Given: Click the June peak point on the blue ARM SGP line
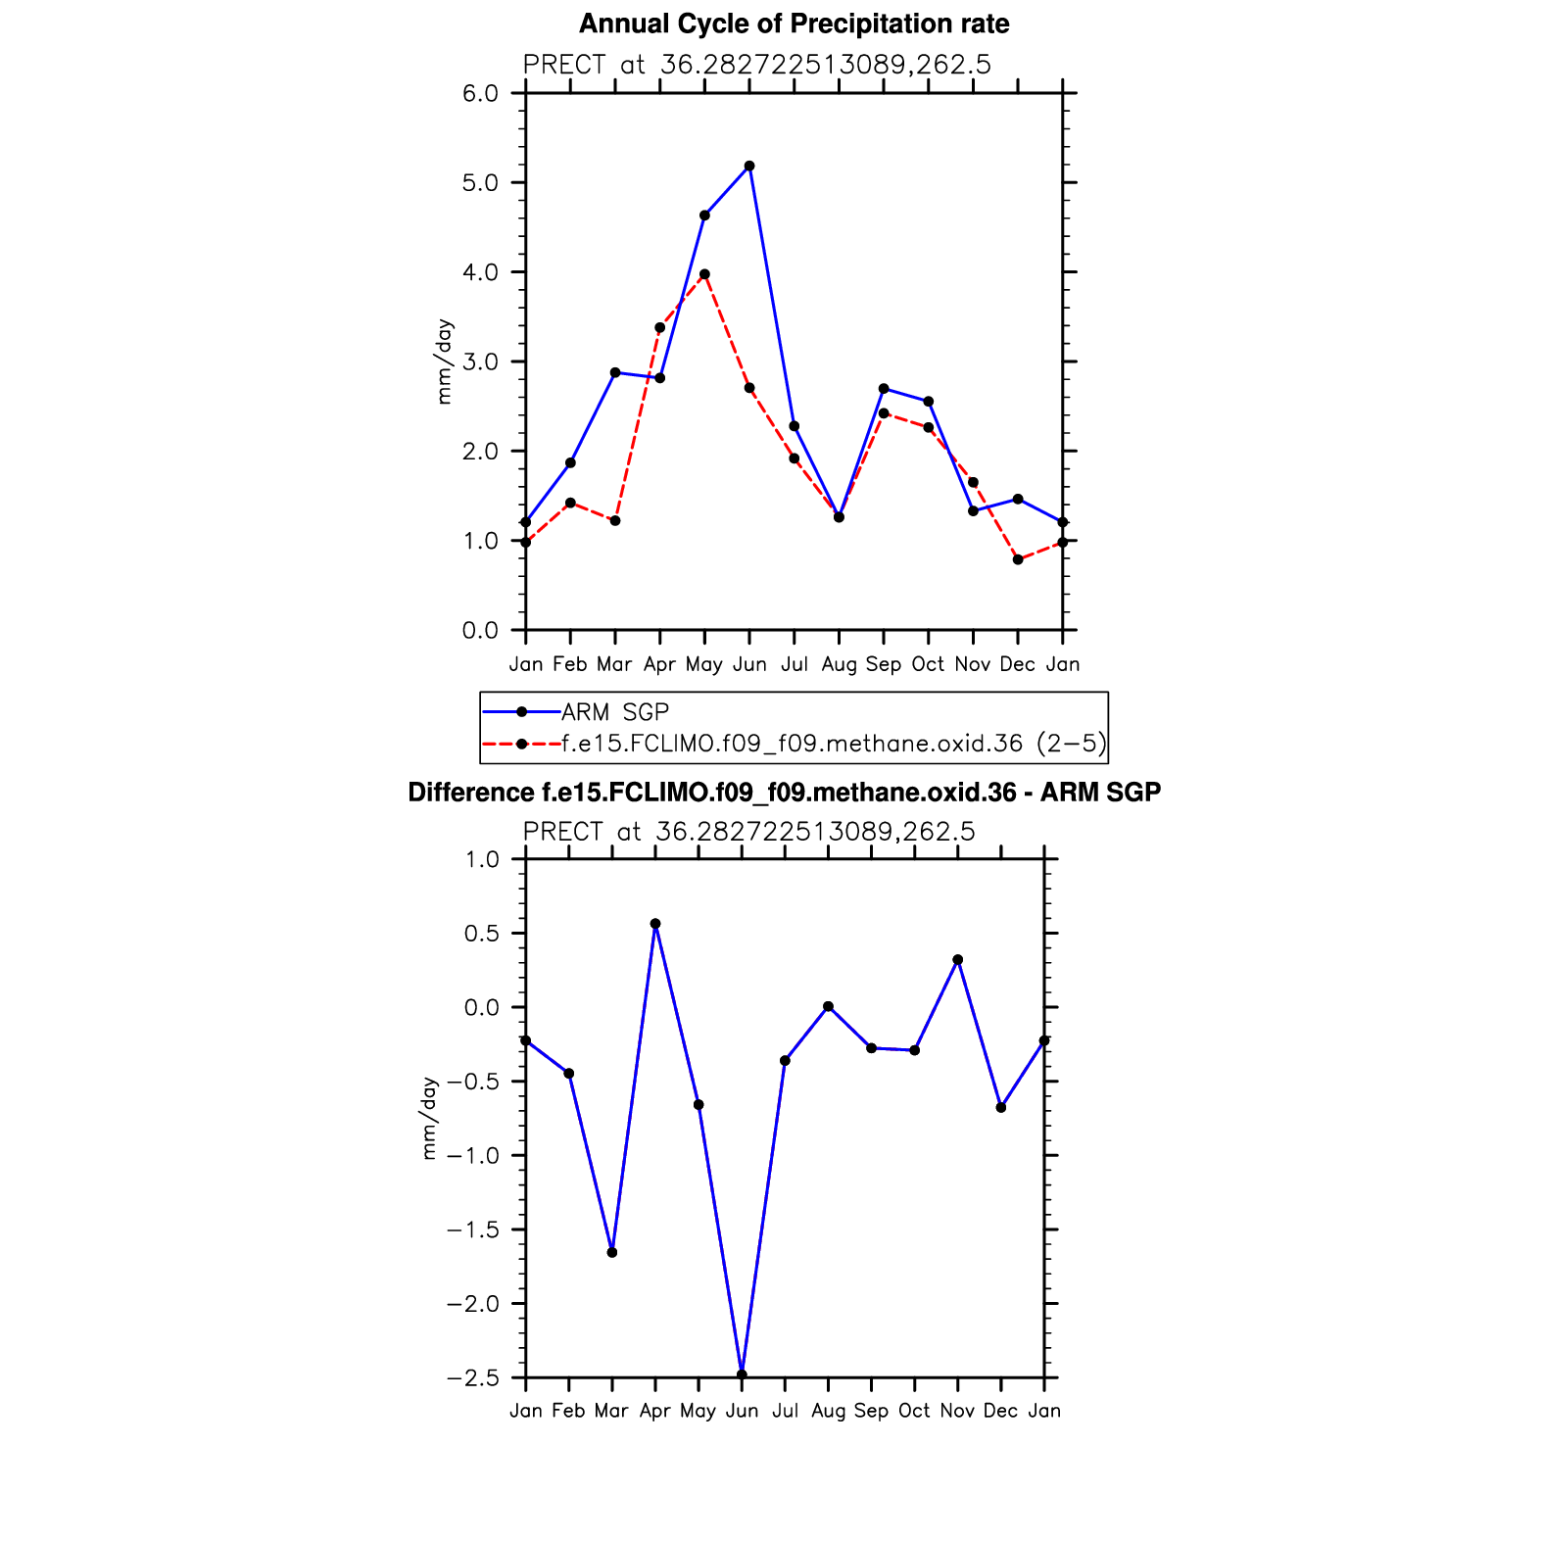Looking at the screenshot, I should click(749, 167).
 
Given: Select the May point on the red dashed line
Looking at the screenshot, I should click(704, 274).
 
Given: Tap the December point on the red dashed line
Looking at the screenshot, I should click(1018, 559).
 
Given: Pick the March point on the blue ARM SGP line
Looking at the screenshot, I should click(615, 372).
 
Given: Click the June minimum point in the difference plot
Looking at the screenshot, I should click(742, 1374).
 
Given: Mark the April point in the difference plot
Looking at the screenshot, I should click(655, 924).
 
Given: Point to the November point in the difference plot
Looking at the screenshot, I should click(957, 960).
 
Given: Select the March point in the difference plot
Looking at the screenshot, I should click(612, 1252).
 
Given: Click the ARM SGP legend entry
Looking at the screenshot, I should click(614, 712).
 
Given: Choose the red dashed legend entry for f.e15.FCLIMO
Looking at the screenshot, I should click(833, 744).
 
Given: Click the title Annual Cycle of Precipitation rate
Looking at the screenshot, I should click(794, 24).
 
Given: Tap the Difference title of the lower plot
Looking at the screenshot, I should click(784, 793).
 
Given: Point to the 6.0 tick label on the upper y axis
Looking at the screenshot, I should click(480, 93).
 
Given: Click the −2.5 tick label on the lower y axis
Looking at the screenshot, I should click(471, 1378).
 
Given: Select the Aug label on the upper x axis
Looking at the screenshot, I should click(839, 664).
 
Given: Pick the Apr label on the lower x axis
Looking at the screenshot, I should click(654, 1411).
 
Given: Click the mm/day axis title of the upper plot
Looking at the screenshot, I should click(445, 361).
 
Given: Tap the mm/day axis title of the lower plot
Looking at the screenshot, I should click(429, 1119).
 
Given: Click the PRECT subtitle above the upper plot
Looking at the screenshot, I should click(756, 65).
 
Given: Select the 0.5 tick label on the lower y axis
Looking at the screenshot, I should click(480, 934).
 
